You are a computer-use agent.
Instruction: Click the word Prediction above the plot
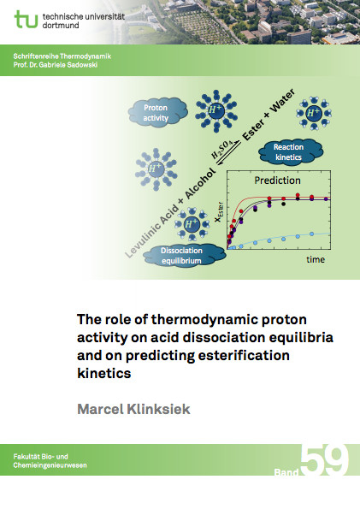point(278,181)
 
